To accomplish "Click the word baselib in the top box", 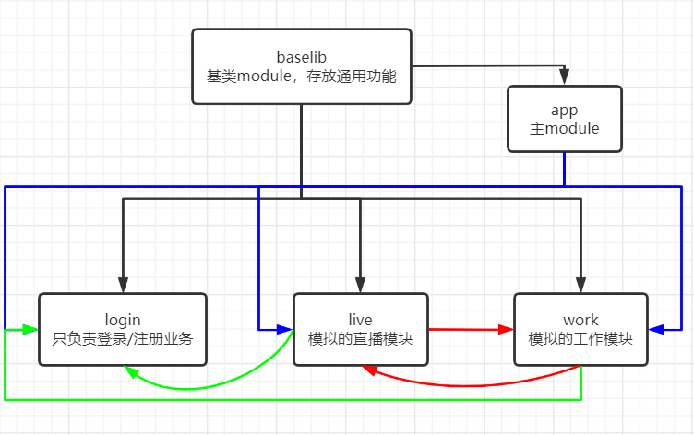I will coord(302,56).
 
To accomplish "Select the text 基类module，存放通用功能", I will coord(302,76).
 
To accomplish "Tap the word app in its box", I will coord(564,110).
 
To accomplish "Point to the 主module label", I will coord(564,129).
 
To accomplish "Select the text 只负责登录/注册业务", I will coord(123,338).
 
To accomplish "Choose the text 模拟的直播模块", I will coord(361,338).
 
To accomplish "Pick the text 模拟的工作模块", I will coord(580,338).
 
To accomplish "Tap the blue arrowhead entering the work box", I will coord(656,329).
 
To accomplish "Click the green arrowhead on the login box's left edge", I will coord(31,329).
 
